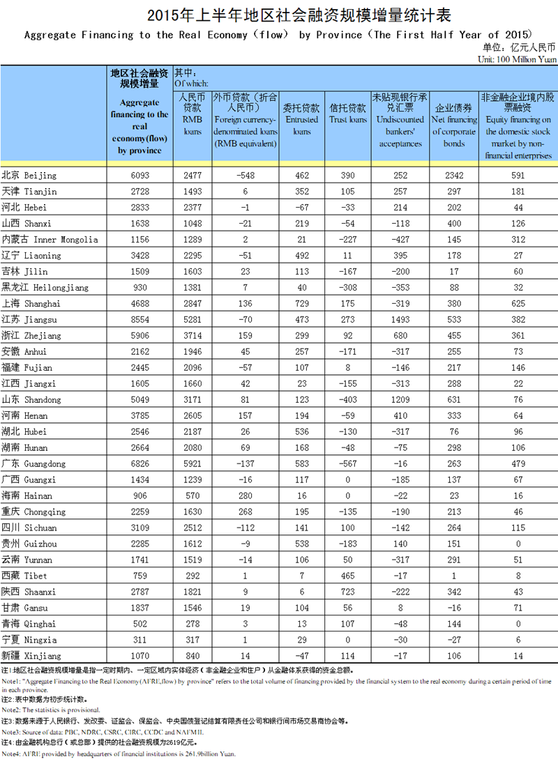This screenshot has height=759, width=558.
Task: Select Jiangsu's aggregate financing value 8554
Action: click(x=139, y=320)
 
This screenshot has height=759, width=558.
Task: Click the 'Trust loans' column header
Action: click(x=347, y=114)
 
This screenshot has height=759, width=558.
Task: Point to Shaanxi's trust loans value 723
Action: click(x=347, y=592)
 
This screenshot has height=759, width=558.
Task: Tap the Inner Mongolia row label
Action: click(x=50, y=239)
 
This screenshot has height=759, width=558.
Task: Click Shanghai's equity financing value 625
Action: click(x=517, y=304)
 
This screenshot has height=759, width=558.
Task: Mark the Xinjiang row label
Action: click(x=31, y=656)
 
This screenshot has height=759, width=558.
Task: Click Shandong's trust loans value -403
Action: click(x=347, y=400)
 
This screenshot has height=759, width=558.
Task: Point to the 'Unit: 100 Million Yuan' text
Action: click(x=517, y=60)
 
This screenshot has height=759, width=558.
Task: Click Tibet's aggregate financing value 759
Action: click(x=139, y=576)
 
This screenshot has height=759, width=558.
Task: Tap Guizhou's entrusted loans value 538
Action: click(x=302, y=544)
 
